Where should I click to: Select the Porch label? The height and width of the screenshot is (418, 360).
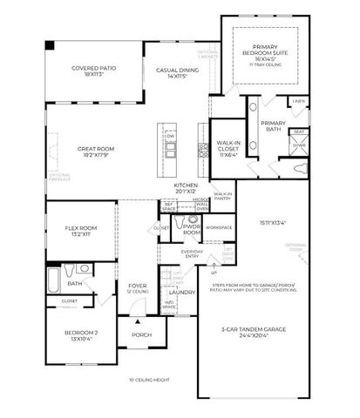point(141,334)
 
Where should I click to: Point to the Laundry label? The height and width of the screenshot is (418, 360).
point(181,293)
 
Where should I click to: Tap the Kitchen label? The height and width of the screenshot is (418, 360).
point(187,188)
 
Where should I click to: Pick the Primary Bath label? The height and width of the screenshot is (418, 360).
point(273,126)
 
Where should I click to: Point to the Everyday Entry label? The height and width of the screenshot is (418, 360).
point(192,254)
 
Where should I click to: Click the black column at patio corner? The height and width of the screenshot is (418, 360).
point(49,44)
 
